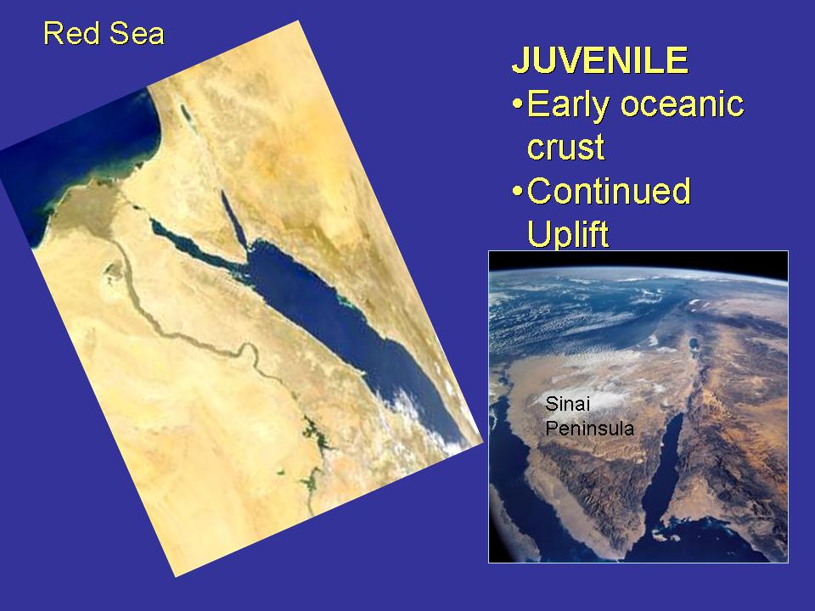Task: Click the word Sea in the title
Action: (137, 34)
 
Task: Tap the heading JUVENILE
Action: (600, 60)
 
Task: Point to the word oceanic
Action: (683, 104)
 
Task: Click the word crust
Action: (565, 147)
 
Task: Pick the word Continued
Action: (609, 191)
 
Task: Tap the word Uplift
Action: (568, 234)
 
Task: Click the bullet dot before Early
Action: (517, 104)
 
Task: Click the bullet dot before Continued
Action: (517, 191)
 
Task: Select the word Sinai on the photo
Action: (568, 404)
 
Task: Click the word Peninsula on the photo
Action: (590, 429)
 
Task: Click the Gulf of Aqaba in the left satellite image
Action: (233, 219)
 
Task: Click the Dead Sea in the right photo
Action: (693, 344)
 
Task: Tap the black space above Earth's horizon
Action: (638, 260)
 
